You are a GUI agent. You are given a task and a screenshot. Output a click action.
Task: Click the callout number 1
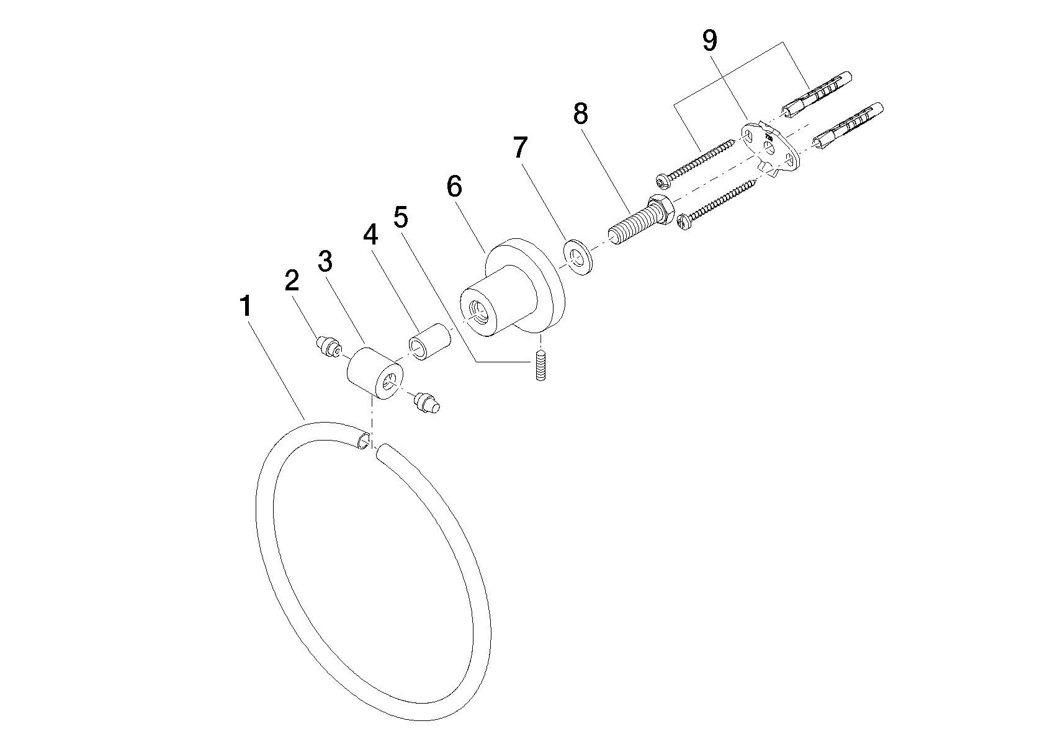tap(246, 307)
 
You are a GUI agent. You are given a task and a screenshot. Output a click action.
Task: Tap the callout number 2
tap(292, 280)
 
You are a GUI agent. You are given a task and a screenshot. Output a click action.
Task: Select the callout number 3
tap(325, 261)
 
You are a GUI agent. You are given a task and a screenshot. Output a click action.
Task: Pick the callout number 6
tap(454, 186)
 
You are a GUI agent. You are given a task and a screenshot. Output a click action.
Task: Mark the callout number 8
tap(580, 114)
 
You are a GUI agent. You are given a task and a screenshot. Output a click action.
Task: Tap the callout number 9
tap(710, 40)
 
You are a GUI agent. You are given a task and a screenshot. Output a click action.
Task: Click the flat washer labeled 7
tap(577, 258)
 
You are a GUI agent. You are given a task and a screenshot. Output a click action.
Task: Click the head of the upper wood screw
tap(662, 181)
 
